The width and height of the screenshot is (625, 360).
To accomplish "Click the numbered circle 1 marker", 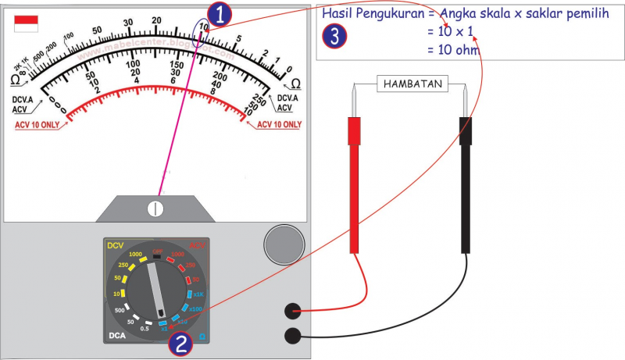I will pos(221,14).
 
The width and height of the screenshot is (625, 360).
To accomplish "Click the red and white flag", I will pos(26,23).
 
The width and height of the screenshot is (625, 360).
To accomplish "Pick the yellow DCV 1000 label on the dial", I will pos(135,255).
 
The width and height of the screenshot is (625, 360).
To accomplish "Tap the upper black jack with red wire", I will pos(294,311).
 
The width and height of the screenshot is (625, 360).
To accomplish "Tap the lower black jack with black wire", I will pos(294,336).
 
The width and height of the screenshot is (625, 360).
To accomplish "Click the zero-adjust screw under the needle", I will pos(155,209).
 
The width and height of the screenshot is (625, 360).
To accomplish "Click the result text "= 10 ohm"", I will pos(452,50).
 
